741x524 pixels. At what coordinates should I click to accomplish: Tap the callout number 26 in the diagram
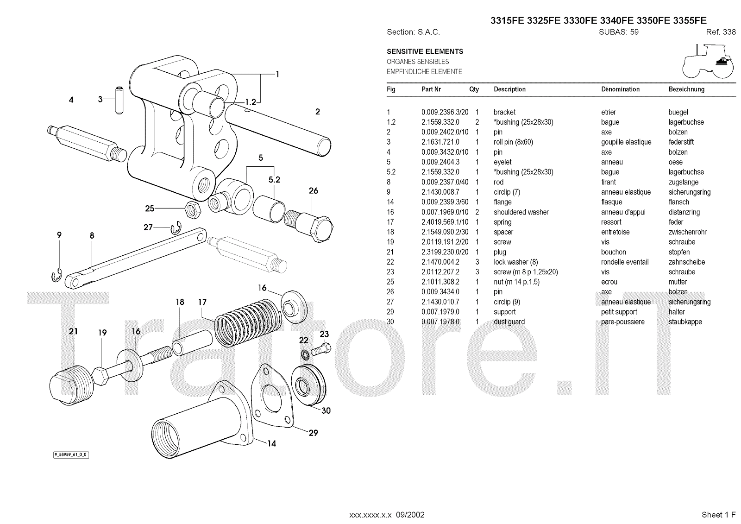pyautogui.click(x=314, y=191)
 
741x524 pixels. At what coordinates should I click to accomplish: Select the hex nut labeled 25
pyautogui.click(x=192, y=209)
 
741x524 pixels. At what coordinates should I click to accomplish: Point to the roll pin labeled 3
pyautogui.click(x=119, y=100)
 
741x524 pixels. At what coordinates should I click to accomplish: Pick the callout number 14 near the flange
pyautogui.click(x=271, y=443)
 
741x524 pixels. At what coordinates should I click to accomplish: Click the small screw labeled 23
pyautogui.click(x=320, y=350)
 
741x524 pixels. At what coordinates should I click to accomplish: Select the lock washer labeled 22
pyautogui.click(x=305, y=354)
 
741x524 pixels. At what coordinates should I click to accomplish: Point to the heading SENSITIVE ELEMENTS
pyautogui.click(x=425, y=51)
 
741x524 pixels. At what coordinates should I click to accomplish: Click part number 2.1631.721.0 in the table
pyautogui.click(x=440, y=142)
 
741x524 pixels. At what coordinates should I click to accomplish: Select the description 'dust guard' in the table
pyautogui.click(x=509, y=322)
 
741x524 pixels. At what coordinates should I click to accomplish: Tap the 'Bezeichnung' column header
pyautogui.click(x=686, y=89)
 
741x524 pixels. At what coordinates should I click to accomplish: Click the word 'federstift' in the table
pyautogui.click(x=681, y=142)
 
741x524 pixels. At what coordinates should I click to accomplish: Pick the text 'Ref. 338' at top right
pyautogui.click(x=721, y=32)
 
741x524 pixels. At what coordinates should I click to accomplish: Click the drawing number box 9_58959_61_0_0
pyautogui.click(x=70, y=455)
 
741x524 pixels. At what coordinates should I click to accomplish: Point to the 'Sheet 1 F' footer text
pyautogui.click(x=718, y=515)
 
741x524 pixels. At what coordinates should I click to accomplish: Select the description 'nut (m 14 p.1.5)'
pyautogui.click(x=516, y=282)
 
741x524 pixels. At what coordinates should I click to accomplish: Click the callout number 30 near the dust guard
pyautogui.click(x=326, y=410)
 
